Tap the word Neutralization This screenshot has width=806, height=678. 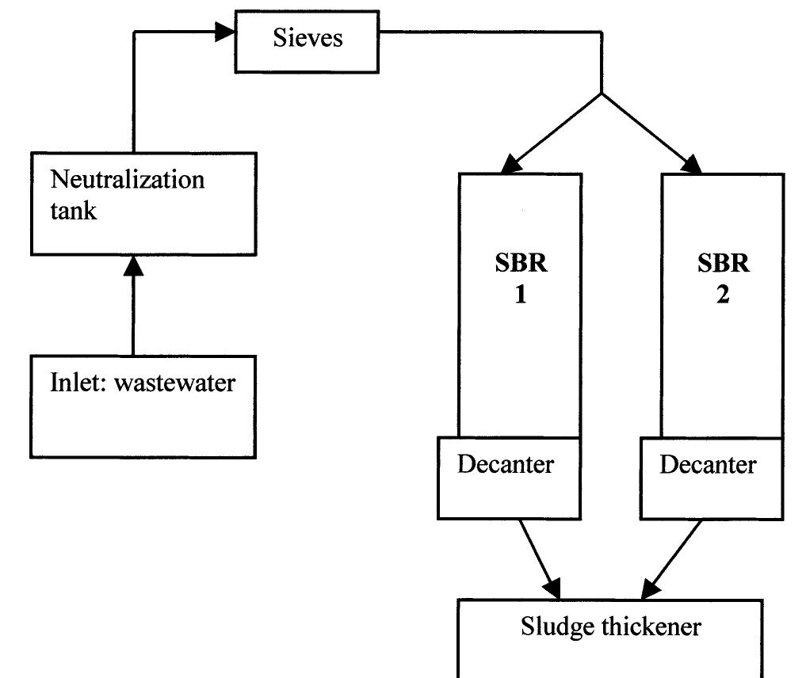128,179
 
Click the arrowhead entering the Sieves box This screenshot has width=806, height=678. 227,32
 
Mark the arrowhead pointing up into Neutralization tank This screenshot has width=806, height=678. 134,267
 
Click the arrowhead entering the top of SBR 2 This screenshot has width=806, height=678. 692,165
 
